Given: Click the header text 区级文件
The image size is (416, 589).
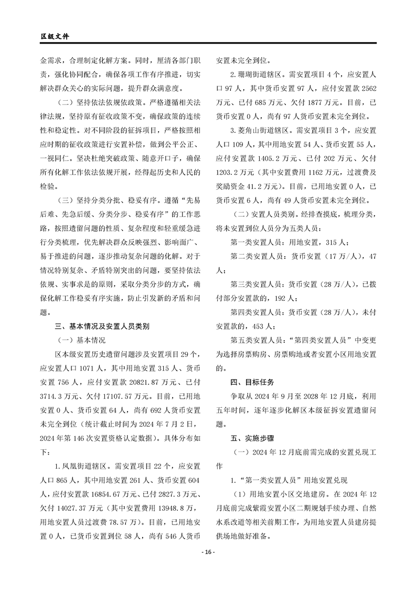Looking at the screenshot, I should tap(55, 37).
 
